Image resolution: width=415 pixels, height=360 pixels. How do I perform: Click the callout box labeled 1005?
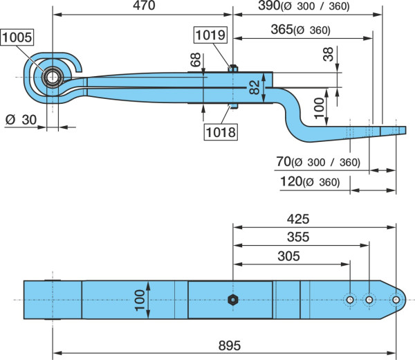17,37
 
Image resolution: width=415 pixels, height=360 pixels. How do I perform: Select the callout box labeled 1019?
211,35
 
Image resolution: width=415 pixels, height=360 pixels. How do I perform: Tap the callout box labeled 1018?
221,132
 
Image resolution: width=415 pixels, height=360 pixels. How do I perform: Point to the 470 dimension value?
144,6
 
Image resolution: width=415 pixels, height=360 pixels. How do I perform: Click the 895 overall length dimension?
230,345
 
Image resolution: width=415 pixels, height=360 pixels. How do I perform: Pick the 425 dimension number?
298,219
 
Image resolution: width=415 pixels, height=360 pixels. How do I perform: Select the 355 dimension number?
298,237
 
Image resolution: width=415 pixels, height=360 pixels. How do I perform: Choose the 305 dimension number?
288,256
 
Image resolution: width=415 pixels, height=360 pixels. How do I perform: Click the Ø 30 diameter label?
21,120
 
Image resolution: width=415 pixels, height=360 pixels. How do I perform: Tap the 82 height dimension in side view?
255,87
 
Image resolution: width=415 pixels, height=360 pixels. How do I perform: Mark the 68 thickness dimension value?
196,60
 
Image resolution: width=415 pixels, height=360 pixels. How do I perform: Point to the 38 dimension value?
328,54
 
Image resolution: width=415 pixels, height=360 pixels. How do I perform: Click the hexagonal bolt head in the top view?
233,300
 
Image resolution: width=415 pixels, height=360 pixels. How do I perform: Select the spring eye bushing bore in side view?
53,78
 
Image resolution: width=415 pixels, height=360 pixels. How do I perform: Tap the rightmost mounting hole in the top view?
396,300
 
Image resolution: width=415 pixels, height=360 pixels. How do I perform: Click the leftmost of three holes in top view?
350,300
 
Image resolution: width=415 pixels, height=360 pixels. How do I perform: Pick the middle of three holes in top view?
369,300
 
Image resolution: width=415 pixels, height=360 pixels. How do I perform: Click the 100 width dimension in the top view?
140,300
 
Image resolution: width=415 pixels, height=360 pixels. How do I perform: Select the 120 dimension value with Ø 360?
310,182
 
